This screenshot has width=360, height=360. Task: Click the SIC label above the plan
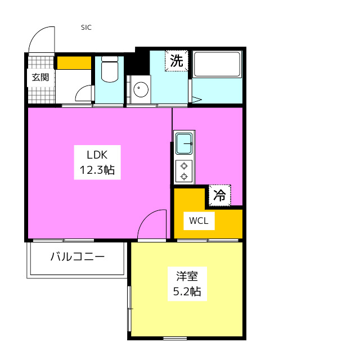[86, 28]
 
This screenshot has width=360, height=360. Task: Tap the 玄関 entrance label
[40, 77]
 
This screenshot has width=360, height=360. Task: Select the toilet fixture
[110, 69]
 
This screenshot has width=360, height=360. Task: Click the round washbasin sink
[141, 88]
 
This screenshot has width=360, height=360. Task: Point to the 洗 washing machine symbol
[176, 61]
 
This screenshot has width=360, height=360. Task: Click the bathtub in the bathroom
[217, 65]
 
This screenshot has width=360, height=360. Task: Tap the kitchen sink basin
[184, 144]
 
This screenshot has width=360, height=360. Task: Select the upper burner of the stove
[184, 166]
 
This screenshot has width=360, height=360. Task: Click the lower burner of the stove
[184, 177]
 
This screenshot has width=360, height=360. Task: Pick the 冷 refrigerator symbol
[219, 195]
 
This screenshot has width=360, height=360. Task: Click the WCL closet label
[199, 220]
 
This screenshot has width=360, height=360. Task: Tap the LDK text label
[97, 155]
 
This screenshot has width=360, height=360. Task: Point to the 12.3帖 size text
[97, 170]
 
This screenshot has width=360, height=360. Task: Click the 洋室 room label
[187, 276]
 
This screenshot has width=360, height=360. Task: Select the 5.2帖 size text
[187, 291]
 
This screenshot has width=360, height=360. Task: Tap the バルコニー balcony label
[78, 256]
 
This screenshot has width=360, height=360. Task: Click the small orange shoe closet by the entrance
[74, 62]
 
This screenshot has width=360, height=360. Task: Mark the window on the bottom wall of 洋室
[175, 338]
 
